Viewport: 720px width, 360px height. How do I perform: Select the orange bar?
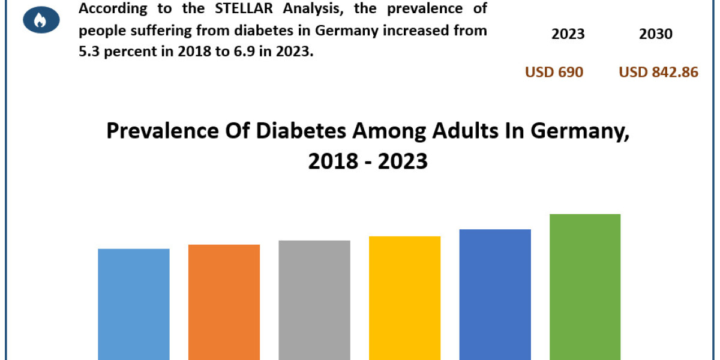tap(224, 302)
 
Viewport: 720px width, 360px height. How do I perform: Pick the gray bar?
tap(314, 300)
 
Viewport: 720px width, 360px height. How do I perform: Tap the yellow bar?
tap(405, 298)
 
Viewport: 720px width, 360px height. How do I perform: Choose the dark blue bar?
tap(495, 294)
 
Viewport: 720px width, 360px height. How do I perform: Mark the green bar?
tap(585, 287)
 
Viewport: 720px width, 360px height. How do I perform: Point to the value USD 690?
tap(554, 73)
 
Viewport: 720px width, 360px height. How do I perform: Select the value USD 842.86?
tap(658, 73)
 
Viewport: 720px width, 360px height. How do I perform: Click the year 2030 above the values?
tap(656, 34)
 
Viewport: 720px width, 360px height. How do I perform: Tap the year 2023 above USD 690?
tap(568, 34)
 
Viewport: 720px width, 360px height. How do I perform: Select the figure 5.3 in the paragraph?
tap(91, 52)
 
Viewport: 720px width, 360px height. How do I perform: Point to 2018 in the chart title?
tap(328, 161)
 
